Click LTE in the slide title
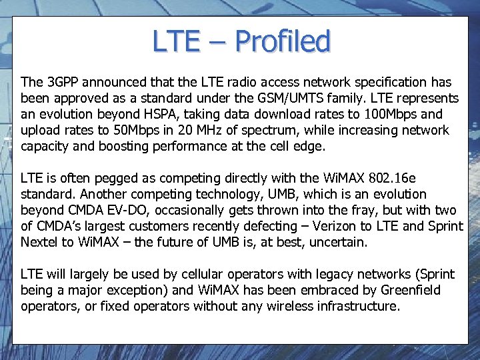pyautogui.click(x=176, y=41)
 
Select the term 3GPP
pyautogui.click(x=63, y=83)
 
